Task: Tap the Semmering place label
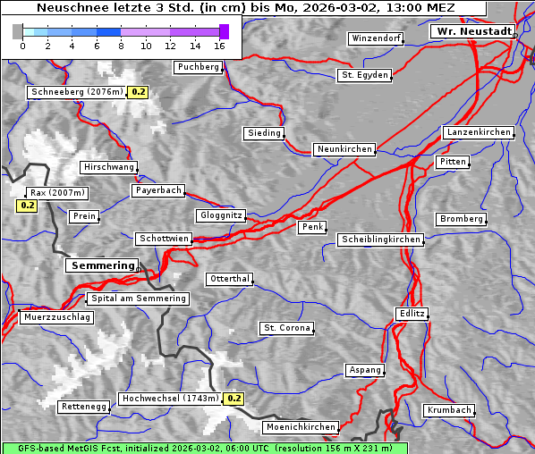(103, 265)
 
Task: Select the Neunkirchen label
(344, 149)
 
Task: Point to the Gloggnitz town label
(219, 215)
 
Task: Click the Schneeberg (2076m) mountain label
(76, 92)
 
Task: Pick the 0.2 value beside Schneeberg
(139, 92)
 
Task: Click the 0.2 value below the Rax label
(27, 206)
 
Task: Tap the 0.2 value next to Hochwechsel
(234, 399)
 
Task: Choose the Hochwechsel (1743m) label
(170, 399)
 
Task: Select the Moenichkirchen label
(301, 427)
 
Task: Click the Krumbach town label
(448, 410)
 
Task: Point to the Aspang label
(365, 370)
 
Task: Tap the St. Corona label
(287, 328)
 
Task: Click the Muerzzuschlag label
(56, 317)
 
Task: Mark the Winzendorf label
(376, 38)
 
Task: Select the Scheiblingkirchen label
(380, 240)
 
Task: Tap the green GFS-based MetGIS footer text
(205, 448)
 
